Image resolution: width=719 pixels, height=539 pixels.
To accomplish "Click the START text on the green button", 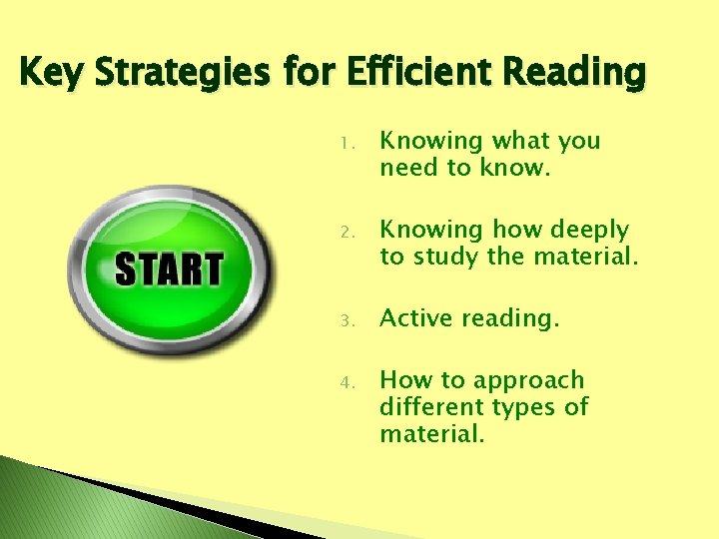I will click(169, 269).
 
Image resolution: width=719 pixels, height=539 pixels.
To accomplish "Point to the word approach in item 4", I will click(528, 380).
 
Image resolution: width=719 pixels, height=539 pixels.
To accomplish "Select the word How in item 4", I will click(406, 380).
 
